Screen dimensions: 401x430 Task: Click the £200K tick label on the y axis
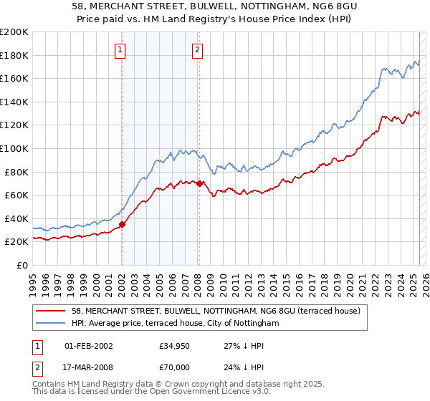[14, 32]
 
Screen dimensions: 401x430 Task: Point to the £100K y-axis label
[14, 148]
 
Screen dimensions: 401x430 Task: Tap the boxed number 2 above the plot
[197, 50]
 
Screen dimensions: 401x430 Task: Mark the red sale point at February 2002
[122, 224]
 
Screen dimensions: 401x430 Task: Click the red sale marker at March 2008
[199, 183]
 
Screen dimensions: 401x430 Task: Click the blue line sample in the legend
[51, 323]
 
